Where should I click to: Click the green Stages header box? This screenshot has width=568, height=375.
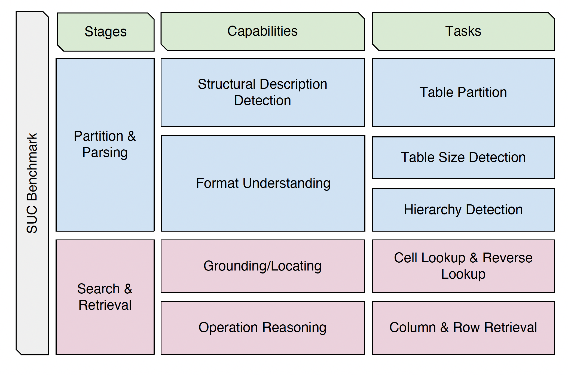[106, 32]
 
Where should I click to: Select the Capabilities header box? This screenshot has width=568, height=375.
[263, 31]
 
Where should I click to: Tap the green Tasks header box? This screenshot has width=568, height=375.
[463, 31]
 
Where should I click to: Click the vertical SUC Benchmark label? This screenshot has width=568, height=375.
[32, 183]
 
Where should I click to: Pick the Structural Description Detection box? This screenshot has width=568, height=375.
[263, 93]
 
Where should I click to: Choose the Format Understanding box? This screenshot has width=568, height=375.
[263, 183]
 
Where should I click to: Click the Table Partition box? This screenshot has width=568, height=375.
[463, 93]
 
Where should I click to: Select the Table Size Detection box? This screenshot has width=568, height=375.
[463, 158]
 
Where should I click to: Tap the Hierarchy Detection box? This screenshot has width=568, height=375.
[463, 210]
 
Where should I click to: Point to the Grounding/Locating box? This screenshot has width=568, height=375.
[263, 266]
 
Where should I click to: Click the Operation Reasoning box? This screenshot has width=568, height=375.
[263, 328]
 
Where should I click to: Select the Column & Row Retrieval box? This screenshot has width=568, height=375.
[463, 328]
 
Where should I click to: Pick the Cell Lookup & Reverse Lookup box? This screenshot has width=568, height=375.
[463, 266]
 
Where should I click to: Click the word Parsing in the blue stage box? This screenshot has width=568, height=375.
[105, 153]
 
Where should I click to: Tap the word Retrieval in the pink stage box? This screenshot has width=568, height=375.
[105, 305]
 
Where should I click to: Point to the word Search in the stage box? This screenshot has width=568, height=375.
[99, 289]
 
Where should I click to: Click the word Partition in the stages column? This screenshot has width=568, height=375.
[99, 136]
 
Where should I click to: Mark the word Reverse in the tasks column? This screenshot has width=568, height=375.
[508, 258]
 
